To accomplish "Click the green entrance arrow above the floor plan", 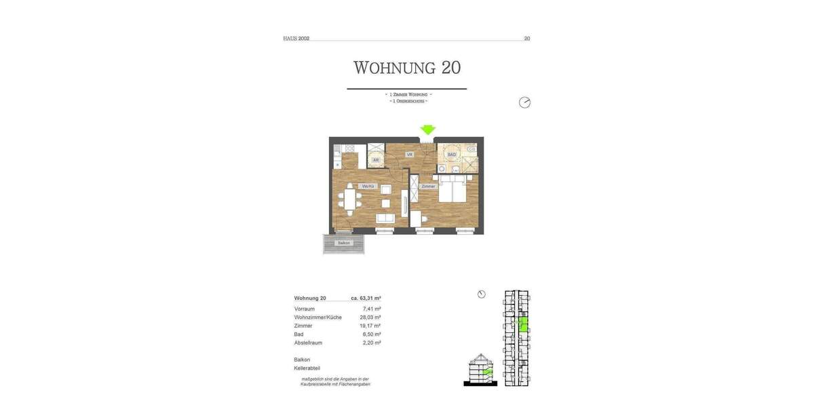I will tap(427, 129).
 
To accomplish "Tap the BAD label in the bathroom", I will tap(451, 155).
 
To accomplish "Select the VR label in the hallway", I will tap(410, 155).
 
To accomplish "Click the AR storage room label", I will tap(375, 160).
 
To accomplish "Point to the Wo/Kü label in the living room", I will tap(368, 186).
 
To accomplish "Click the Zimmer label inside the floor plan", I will tap(428, 186).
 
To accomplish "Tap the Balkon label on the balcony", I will tap(344, 243).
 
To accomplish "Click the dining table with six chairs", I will tap(351, 201).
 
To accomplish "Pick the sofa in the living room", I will tap(386, 218).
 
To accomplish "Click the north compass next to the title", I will tap(524, 102).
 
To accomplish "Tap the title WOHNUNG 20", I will tap(407, 68).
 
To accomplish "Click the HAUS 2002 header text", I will tap(296, 39).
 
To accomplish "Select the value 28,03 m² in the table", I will tap(371, 317).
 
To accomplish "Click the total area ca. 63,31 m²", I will tap(366, 298).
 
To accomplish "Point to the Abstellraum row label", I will tap(309, 343).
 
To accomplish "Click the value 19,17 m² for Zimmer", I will tap(370, 326).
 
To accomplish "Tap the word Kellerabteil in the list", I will tap(307, 368).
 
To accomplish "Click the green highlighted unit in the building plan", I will tap(522, 324).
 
